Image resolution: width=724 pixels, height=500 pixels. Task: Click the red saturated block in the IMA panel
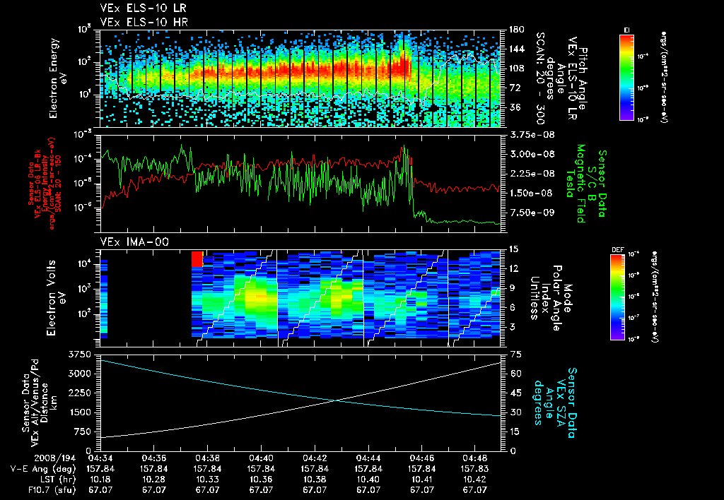[197, 258]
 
